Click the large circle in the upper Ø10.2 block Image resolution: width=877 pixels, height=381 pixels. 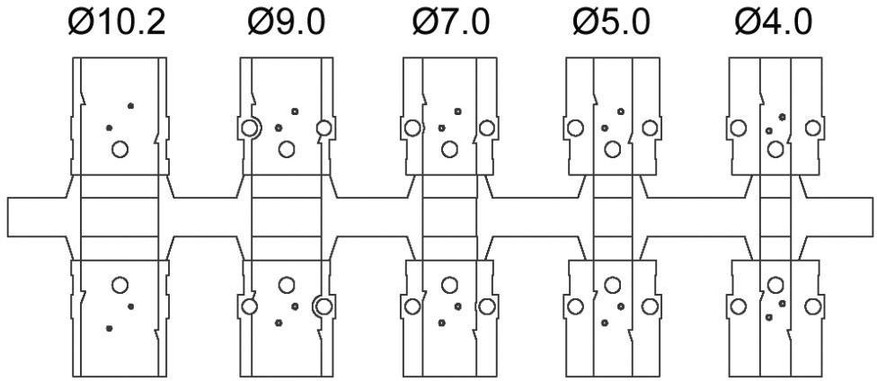point(120,148)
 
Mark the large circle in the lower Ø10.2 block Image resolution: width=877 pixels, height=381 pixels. point(120,285)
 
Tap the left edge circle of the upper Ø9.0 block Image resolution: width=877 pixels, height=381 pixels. point(250,128)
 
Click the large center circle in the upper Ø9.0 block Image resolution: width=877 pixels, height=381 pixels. point(287,148)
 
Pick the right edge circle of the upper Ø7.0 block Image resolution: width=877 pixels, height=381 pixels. point(486,128)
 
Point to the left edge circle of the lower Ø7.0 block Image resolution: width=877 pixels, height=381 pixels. point(412,306)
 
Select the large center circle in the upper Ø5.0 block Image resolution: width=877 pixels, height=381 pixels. point(613,148)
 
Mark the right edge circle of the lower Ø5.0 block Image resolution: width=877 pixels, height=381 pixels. point(650,306)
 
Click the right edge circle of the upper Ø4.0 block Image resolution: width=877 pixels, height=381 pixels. point(812,128)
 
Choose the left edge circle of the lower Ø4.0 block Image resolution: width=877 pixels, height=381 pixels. point(739,306)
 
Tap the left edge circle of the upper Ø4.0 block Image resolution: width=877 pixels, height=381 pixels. point(739,128)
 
